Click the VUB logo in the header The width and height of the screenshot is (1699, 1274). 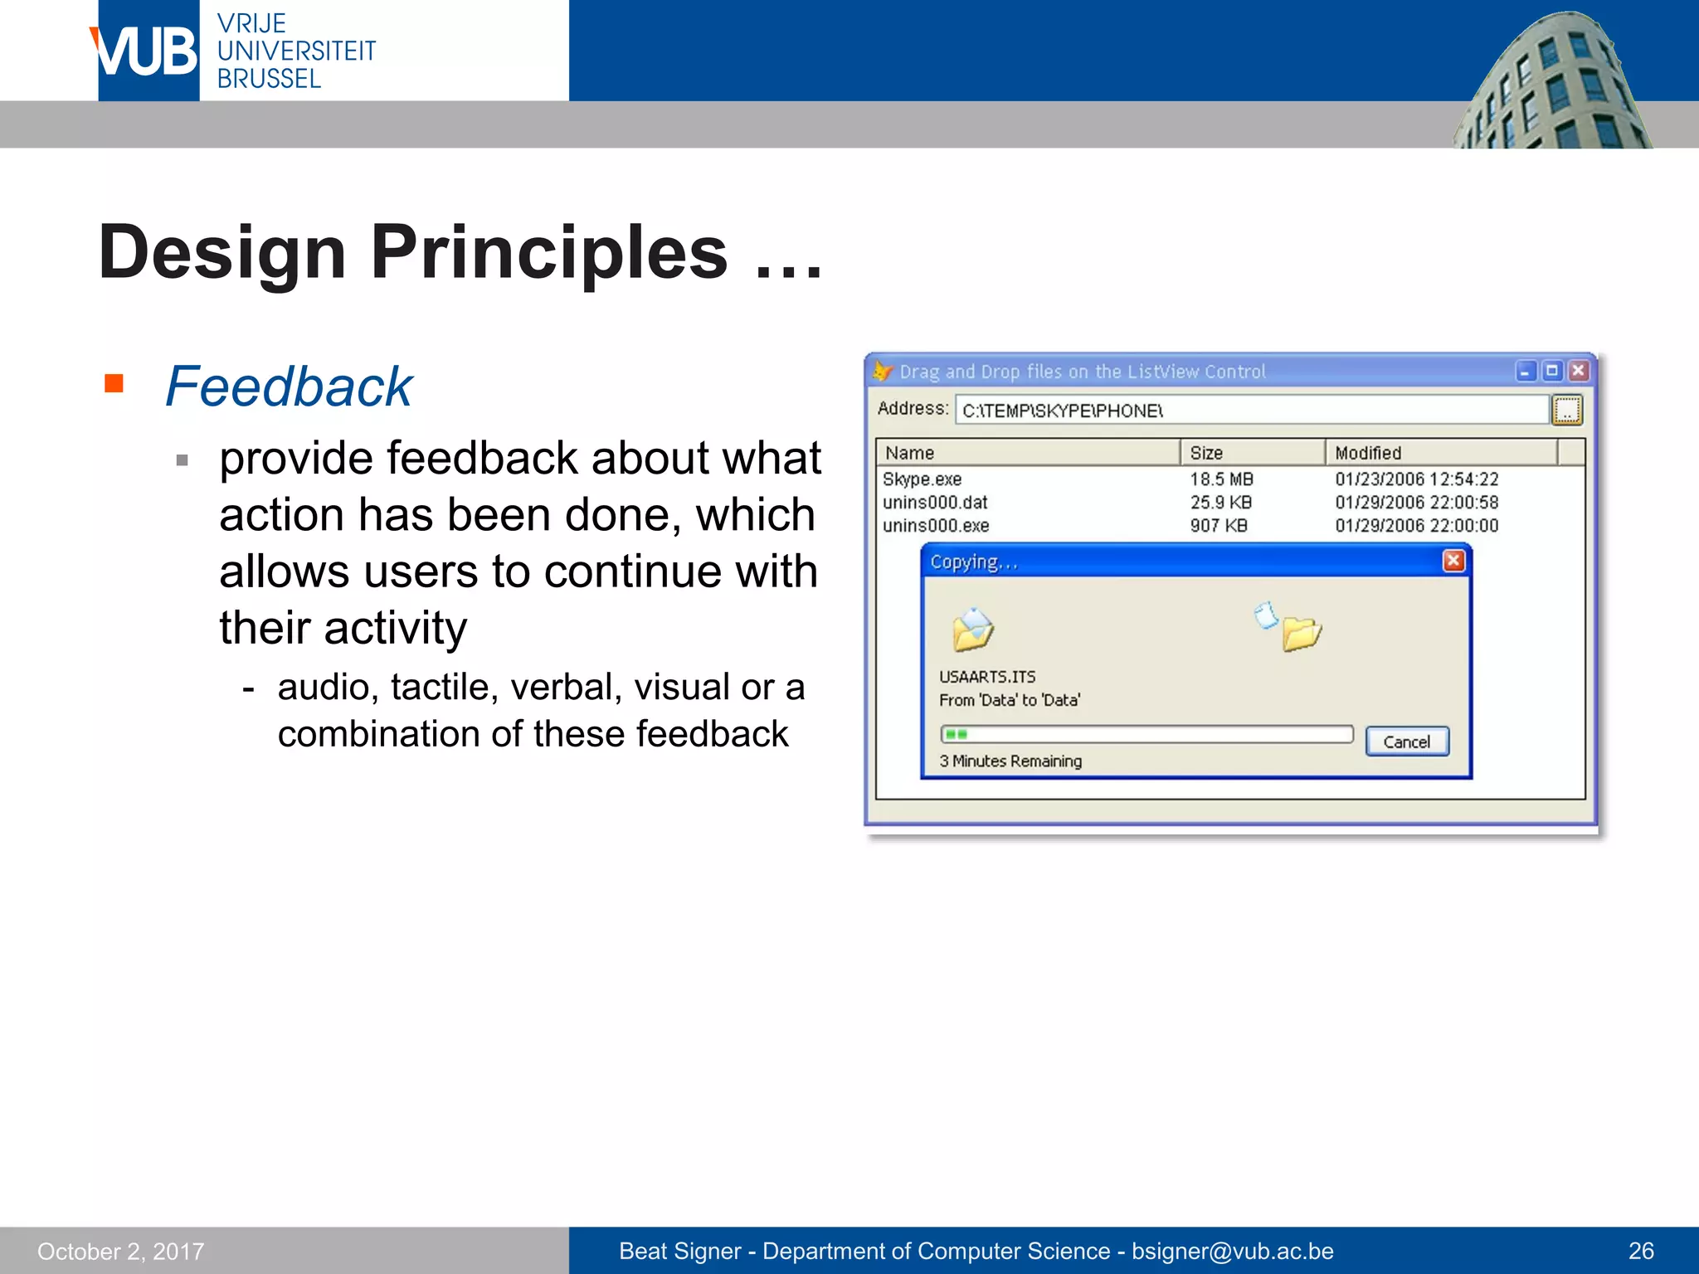(148, 51)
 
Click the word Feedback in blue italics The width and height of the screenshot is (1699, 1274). (288, 387)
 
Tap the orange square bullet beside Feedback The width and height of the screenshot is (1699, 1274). (114, 383)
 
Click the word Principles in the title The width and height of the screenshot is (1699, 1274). (548, 252)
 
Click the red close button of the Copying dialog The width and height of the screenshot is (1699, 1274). (1453, 562)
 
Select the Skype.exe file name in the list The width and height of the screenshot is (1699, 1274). (922, 479)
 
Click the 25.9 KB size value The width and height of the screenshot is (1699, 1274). (1220, 503)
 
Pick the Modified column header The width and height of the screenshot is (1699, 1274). (1367, 453)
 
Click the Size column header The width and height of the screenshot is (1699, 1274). (1206, 453)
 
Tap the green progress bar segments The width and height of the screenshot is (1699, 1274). (957, 734)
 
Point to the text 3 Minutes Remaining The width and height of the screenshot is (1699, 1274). (1010, 761)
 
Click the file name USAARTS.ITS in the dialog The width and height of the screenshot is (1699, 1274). (987, 677)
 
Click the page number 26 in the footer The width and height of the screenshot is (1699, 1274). (1641, 1251)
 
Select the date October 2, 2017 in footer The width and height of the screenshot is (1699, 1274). (121, 1251)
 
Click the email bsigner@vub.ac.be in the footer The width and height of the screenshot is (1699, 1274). (1233, 1251)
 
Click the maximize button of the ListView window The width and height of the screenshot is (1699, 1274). (1552, 371)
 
